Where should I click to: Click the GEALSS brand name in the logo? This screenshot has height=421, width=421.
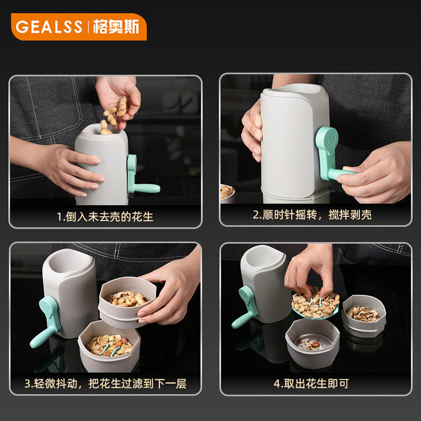tap(49, 27)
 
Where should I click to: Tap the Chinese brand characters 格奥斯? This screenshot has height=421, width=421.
tap(116, 27)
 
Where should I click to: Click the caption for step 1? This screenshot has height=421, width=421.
tap(105, 217)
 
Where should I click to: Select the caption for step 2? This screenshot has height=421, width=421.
tap(312, 215)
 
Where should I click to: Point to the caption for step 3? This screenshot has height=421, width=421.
tap(106, 384)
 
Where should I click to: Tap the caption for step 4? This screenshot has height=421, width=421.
tap(311, 384)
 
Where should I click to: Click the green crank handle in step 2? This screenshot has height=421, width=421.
tap(332, 154)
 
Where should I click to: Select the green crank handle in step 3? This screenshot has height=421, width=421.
tap(46, 321)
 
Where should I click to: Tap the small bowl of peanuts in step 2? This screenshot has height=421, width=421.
tap(227, 193)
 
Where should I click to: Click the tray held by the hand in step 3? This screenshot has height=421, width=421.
tap(127, 302)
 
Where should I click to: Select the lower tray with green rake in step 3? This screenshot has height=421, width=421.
tap(109, 346)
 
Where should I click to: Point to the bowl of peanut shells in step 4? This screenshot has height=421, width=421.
tap(364, 315)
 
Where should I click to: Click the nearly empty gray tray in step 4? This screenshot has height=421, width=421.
tap(313, 343)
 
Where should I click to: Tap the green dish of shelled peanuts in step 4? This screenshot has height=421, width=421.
tap(315, 306)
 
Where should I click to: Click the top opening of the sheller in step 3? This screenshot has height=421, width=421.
tap(68, 261)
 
